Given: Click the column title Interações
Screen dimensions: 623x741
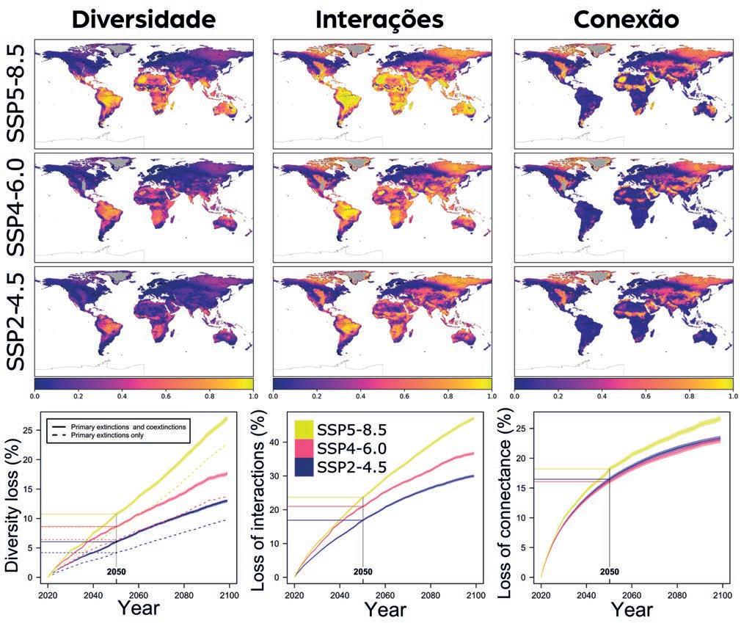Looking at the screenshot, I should (x=379, y=19).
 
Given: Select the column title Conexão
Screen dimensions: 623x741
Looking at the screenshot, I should (x=625, y=19).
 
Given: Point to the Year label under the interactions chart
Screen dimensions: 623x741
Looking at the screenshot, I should (x=386, y=608).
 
